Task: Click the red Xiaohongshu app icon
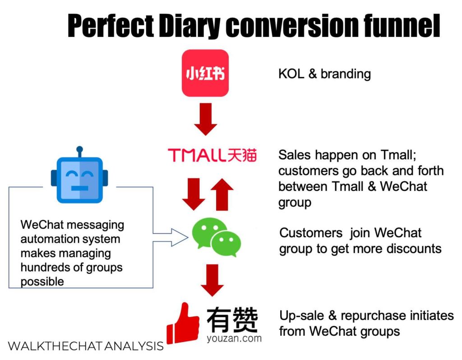click(205, 73)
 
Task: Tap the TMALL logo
click(212, 155)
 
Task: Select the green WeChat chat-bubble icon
click(216, 237)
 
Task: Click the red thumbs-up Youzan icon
click(183, 323)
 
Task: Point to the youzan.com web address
click(234, 338)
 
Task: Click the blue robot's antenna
click(79, 152)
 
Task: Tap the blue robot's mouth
click(79, 188)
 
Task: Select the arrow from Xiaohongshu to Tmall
click(205, 119)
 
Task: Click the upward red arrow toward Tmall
click(222, 194)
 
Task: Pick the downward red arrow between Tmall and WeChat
click(194, 194)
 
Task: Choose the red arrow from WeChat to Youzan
click(212, 280)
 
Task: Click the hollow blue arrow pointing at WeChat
click(171, 237)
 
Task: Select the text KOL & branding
click(324, 74)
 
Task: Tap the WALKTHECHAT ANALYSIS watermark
click(86, 346)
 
